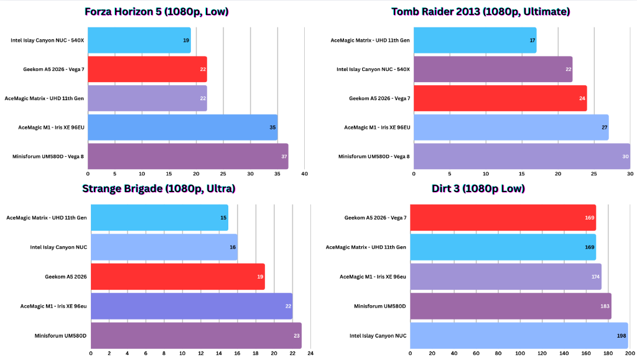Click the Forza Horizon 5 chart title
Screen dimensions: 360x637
pos(156,11)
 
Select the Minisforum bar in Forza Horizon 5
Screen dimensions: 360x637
pos(188,156)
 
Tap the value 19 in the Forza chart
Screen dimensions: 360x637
pos(186,40)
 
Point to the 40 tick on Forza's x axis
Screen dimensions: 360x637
pos(304,174)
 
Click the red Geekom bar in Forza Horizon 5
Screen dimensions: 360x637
pos(147,69)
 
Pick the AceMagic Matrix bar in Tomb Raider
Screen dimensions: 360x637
pos(475,40)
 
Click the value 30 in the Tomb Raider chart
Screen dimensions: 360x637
pos(624,156)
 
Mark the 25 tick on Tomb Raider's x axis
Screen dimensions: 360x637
pos(594,174)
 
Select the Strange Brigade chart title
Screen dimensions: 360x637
pos(159,189)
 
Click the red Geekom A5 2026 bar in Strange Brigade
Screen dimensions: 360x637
pos(178,276)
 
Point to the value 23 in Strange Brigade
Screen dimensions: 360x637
pos(296,335)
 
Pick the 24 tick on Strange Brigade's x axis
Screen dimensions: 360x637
pos(310,353)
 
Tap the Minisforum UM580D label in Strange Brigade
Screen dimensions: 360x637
pos(61,335)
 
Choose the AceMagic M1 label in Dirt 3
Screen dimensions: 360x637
pos(373,276)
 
